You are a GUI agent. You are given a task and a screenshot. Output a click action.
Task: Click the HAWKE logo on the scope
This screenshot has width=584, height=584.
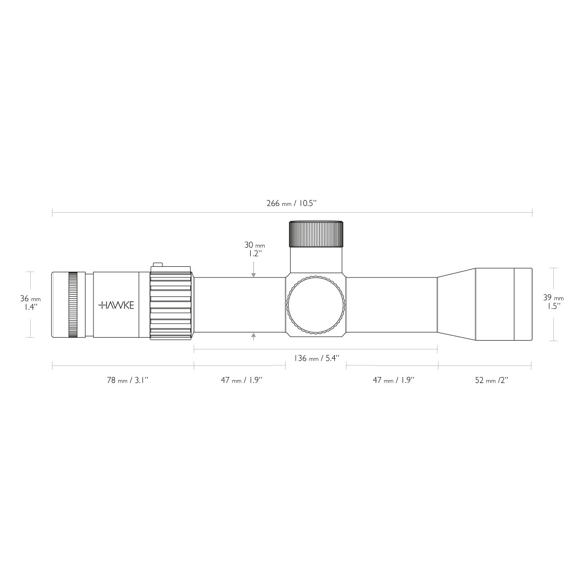(116, 305)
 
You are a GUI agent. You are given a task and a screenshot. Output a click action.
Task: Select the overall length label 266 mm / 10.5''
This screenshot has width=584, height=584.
(292, 203)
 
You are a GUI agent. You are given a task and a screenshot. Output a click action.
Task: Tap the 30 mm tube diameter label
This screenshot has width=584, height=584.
(255, 249)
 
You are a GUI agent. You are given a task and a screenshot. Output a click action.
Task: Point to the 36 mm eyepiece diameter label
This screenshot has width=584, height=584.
(30, 302)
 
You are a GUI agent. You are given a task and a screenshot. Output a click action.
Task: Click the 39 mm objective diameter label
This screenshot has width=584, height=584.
(553, 302)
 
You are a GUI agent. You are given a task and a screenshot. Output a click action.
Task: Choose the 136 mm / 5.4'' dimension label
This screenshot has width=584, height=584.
(316, 358)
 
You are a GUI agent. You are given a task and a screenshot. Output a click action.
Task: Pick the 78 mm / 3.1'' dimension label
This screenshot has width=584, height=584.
(128, 380)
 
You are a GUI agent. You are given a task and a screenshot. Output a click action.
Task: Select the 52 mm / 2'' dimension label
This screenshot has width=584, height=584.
(492, 380)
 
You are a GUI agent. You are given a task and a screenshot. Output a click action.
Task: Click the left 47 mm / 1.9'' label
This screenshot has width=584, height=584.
(241, 380)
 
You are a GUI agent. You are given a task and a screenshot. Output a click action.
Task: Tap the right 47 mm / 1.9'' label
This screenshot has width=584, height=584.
(393, 380)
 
